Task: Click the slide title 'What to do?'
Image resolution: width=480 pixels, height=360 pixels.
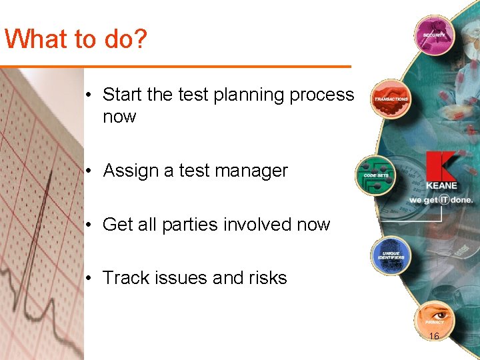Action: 75,39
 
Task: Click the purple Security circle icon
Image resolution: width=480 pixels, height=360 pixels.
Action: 433,35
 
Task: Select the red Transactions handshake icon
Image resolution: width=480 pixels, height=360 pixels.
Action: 391,98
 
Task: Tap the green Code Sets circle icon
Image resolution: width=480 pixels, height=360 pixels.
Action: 375,175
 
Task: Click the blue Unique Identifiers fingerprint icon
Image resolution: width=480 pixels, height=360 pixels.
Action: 391,255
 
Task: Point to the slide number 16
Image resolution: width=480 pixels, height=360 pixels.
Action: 434,337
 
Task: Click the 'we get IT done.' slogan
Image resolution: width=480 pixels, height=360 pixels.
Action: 441,199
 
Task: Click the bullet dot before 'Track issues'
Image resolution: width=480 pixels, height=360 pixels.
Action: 89,279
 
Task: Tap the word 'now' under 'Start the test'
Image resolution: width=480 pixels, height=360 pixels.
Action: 119,117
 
